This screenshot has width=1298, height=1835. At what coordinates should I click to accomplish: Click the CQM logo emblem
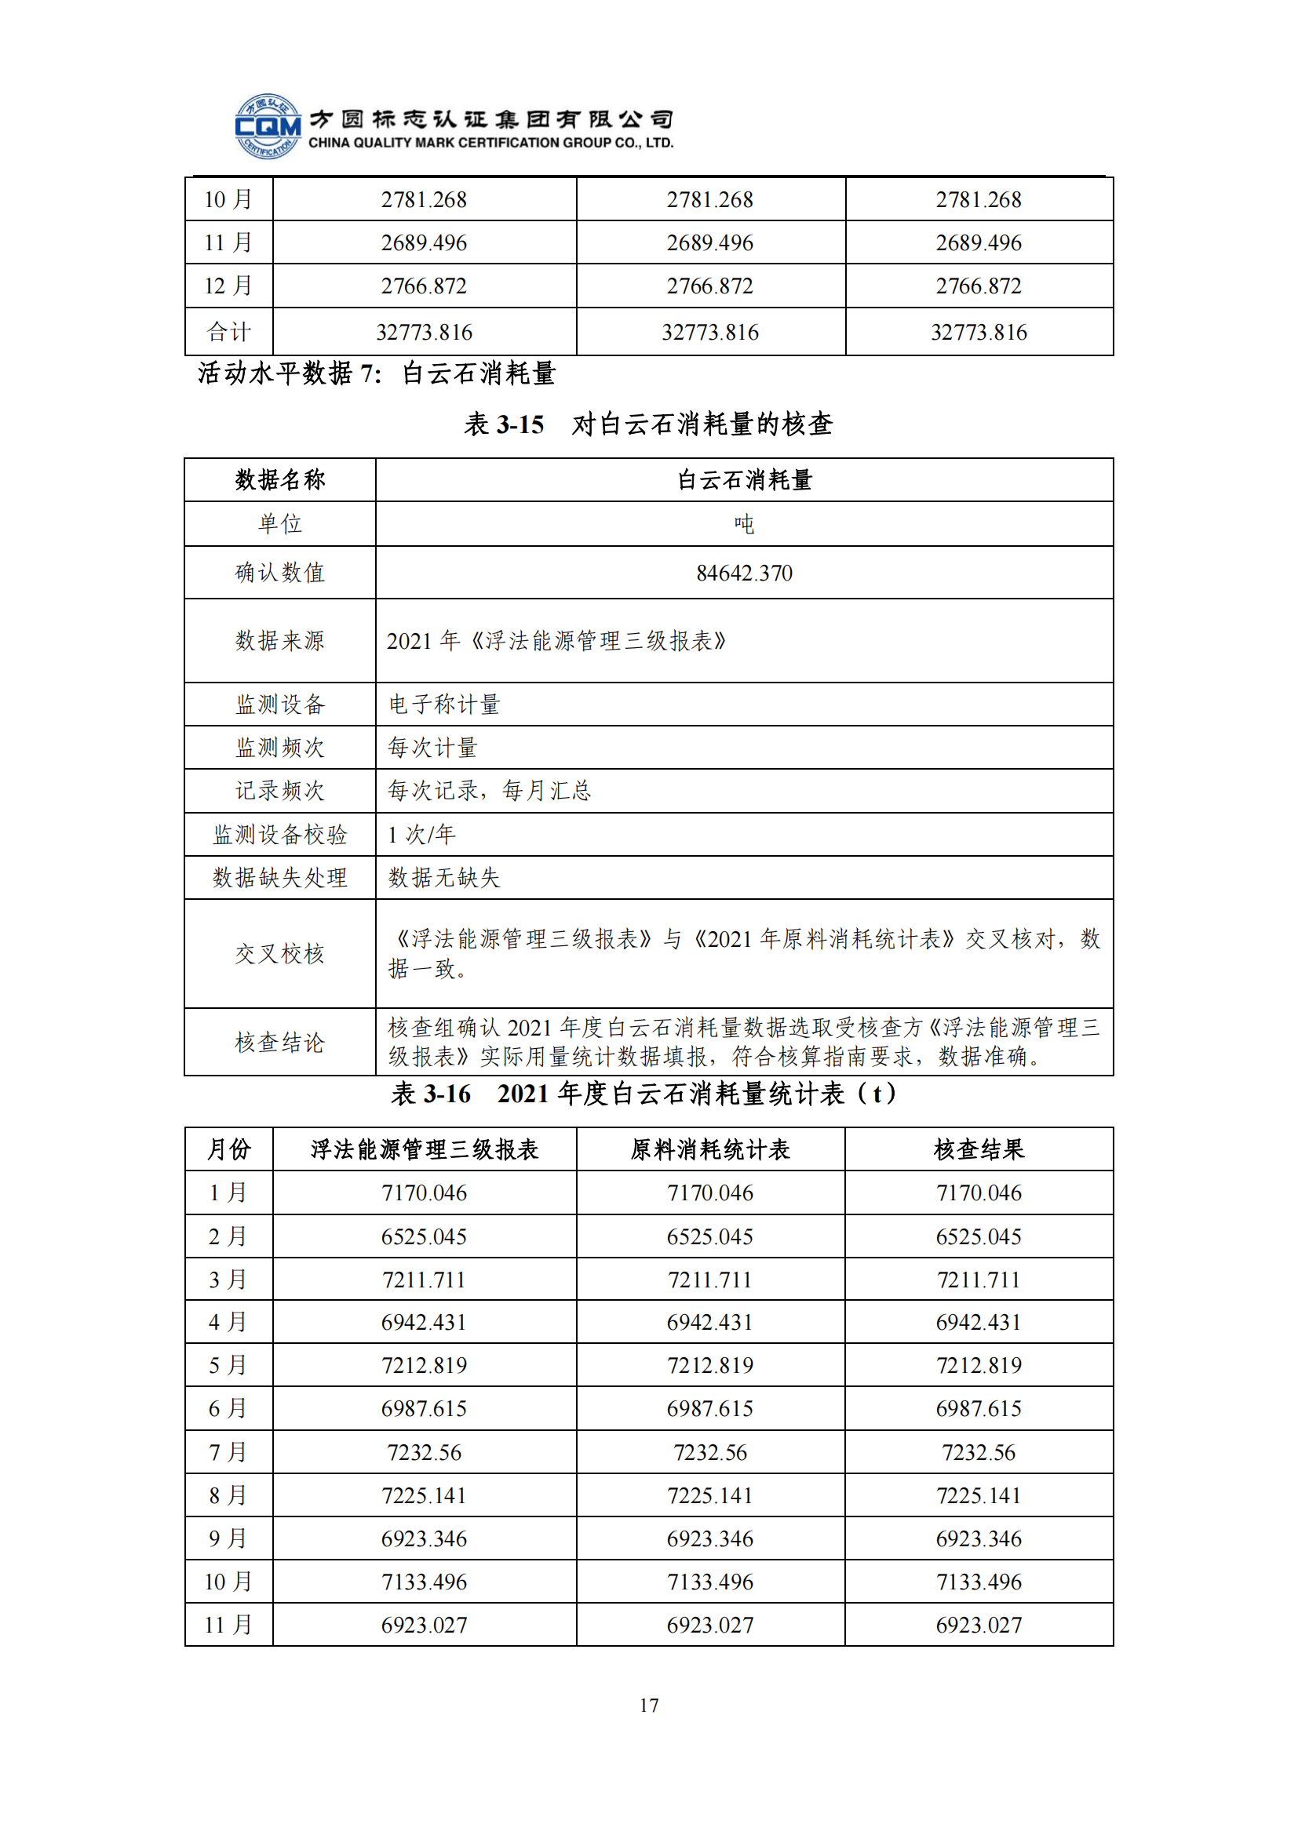(268, 126)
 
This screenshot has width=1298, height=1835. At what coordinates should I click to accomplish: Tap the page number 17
(649, 1705)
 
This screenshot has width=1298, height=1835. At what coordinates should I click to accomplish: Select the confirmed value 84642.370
(744, 573)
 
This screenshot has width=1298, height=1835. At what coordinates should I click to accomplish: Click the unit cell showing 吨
(744, 524)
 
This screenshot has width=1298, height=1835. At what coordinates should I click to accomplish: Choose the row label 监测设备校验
(279, 835)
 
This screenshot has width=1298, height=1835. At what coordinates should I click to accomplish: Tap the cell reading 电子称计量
(444, 704)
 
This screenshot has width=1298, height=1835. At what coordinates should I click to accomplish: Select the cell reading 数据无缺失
(444, 878)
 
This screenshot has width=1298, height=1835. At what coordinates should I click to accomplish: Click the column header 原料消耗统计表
(709, 1149)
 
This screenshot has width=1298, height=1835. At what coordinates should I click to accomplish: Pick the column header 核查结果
(979, 1149)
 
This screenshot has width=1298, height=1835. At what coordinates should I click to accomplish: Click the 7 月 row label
(228, 1451)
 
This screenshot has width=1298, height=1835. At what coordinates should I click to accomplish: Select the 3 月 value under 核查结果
(979, 1280)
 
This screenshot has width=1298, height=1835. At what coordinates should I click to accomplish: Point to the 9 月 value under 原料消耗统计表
(709, 1538)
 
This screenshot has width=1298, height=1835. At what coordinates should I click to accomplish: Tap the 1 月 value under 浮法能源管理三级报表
(424, 1192)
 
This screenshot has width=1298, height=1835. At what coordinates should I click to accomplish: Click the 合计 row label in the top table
(228, 332)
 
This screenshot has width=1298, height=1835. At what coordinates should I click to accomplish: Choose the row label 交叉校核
(279, 953)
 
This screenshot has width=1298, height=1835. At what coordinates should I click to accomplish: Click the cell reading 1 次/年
(421, 835)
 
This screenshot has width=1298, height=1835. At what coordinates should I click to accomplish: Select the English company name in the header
(490, 143)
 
